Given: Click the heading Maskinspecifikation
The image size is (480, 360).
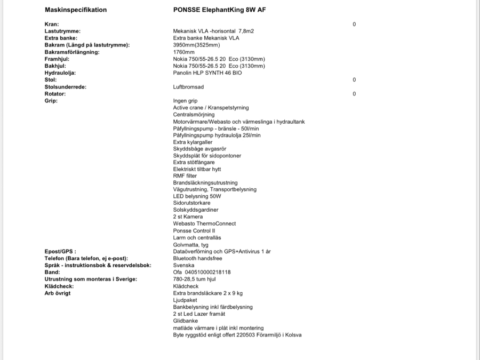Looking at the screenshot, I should (76, 10).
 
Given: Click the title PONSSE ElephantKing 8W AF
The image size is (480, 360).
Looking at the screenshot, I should (220, 10).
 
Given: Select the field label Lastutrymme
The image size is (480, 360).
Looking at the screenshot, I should (62, 31).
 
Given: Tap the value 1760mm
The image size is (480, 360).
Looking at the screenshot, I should (184, 52).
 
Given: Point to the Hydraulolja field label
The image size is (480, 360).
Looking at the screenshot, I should (60, 73).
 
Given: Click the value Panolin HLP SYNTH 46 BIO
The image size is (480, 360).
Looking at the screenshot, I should (207, 73).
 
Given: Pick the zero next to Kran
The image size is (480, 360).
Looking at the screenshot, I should (354, 25).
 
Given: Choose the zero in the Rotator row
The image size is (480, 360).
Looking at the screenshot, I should (354, 94).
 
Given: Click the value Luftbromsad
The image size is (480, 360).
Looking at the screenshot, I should (188, 87).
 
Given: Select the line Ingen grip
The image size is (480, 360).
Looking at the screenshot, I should (185, 101).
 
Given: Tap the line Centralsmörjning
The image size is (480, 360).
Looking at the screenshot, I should (194, 115).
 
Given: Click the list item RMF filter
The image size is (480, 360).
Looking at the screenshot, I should (185, 176).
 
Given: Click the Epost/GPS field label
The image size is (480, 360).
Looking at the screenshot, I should (60, 251).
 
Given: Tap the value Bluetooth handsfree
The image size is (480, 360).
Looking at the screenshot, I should (197, 258).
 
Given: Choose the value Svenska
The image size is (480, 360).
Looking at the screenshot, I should (183, 265).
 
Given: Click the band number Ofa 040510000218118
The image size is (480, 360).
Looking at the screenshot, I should (202, 272).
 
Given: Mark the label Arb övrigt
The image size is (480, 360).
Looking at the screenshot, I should (58, 293).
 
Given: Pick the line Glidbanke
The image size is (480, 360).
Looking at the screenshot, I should (185, 321).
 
